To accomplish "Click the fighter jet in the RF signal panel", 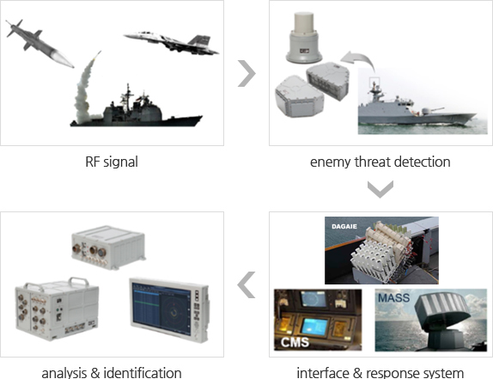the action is pyautogui.click(x=172, y=42).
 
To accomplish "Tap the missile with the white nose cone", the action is pyautogui.click(x=40, y=43).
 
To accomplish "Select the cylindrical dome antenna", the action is pyautogui.click(x=304, y=38).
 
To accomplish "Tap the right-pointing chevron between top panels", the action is pyautogui.click(x=246, y=73).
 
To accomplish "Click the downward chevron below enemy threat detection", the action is pyautogui.click(x=380, y=189).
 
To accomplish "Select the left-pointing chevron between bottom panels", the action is pyautogui.click(x=246, y=284).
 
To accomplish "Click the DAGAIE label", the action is pyautogui.click(x=344, y=227).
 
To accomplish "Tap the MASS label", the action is pyautogui.click(x=394, y=298).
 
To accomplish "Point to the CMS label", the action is pyautogui.click(x=295, y=342).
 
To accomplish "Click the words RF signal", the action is pyautogui.click(x=112, y=162).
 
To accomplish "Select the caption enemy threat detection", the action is pyautogui.click(x=380, y=162).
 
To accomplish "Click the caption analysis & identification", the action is pyautogui.click(x=112, y=373).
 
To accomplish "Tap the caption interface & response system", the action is pyautogui.click(x=380, y=373).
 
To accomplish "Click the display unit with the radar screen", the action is pyautogui.click(x=169, y=309).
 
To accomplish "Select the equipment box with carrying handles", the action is pyautogui.click(x=58, y=309).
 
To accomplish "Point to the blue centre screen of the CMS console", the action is pyautogui.click(x=314, y=326).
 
